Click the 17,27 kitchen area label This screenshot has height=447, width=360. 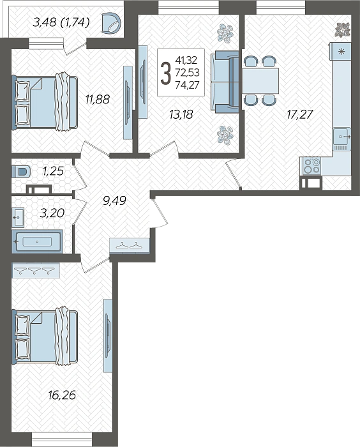coord(299,114)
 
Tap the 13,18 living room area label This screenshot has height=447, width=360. coord(181,114)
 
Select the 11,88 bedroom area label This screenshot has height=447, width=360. coord(98,100)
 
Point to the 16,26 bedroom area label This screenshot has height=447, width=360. coord(62,395)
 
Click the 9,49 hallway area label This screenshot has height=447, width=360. coord(114,201)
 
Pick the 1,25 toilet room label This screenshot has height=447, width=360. coord(53,171)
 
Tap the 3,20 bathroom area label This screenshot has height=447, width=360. coord(52,213)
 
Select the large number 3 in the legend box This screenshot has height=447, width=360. coord(165,73)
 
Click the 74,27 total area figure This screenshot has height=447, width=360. coord(187,85)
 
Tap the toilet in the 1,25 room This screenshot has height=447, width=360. coord(21,172)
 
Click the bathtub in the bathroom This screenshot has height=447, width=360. coord(37,241)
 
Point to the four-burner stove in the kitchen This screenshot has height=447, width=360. coord(311,166)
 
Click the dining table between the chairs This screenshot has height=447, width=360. coord(260,80)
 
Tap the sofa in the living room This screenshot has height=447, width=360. coord(225,82)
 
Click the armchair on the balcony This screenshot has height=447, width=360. coord(112,22)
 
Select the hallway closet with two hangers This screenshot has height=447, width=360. coord(130,245)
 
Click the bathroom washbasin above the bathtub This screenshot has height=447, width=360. coord(18,218)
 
